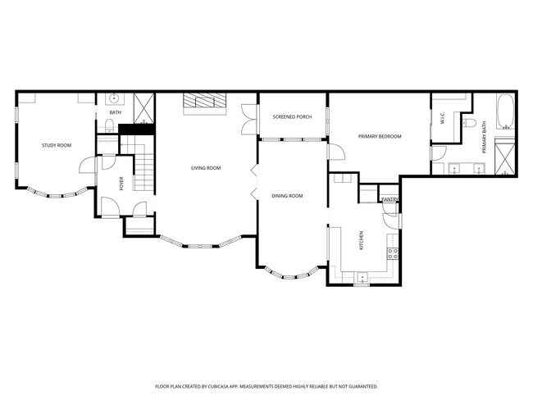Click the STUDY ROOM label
point(57,145)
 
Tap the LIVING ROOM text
point(207,168)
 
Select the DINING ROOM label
point(287,196)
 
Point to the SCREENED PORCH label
point(292,117)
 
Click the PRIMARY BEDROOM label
point(380,136)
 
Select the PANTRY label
point(389,199)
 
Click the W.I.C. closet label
point(443,119)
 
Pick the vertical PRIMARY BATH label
point(484,137)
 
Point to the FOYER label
point(121,184)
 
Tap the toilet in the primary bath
point(468,123)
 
